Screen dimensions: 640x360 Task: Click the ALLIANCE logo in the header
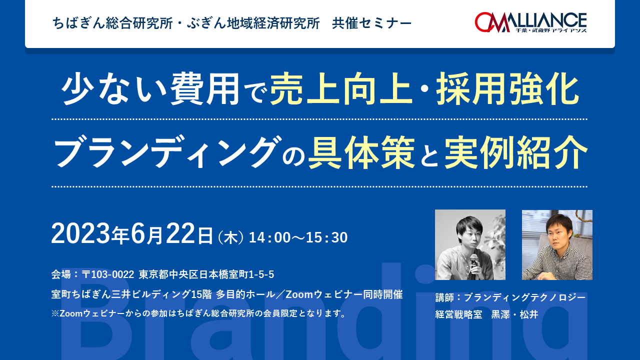[x=530, y=22]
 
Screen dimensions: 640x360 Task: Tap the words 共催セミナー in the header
[x=371, y=23]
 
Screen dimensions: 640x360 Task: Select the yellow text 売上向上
[x=341, y=89]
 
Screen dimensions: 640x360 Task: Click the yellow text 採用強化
[x=507, y=89]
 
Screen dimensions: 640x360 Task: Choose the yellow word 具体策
[x=361, y=152]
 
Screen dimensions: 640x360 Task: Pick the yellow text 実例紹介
[x=515, y=152]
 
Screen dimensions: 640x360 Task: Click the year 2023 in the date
[x=81, y=233]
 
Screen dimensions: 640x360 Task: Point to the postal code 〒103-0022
[x=107, y=274]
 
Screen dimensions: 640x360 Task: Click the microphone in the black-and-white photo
[x=474, y=264]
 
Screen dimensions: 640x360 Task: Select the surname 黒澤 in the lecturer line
[x=500, y=314]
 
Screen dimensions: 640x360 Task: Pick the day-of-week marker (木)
[x=231, y=237]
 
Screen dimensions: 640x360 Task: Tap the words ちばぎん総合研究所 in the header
[x=112, y=23]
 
